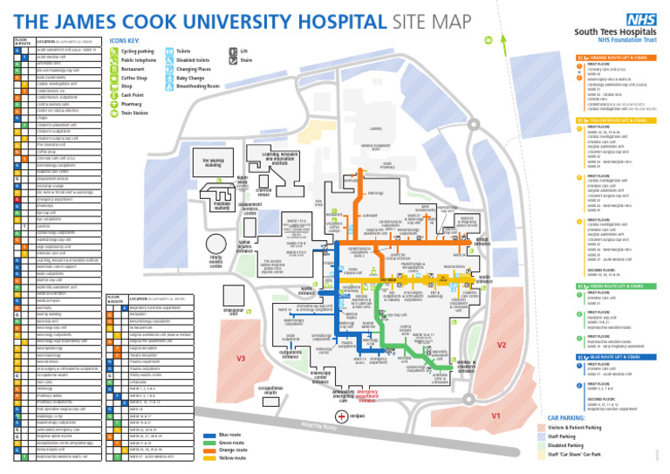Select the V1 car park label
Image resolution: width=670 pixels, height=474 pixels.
tap(495, 416)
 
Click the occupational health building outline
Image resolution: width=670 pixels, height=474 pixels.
tap(270, 390)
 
